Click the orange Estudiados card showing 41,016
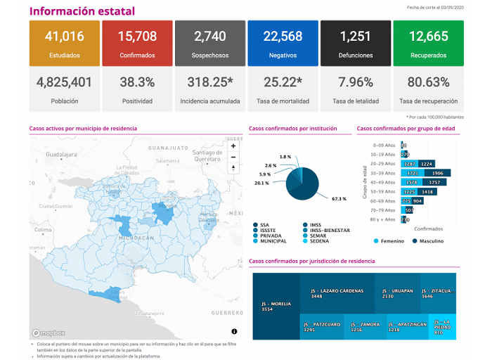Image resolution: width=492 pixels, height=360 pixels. click(x=64, y=43)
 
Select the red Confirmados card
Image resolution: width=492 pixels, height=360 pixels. click(x=136, y=43)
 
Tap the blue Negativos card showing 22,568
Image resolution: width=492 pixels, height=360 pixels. click(x=282, y=43)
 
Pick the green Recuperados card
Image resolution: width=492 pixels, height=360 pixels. click(x=427, y=43)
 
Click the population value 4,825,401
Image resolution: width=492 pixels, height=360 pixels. click(x=64, y=82)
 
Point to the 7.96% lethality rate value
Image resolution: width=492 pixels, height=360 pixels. click(x=355, y=82)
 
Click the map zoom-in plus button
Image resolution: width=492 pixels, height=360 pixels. click(x=233, y=146)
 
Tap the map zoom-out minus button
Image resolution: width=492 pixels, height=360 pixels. click(x=233, y=156)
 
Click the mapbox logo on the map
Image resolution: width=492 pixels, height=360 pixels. click(x=48, y=333)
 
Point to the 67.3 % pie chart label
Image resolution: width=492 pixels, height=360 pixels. click(x=339, y=199)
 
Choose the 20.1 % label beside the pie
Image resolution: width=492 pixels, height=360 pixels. click(x=262, y=183)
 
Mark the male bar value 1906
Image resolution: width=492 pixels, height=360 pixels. click(x=436, y=173)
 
